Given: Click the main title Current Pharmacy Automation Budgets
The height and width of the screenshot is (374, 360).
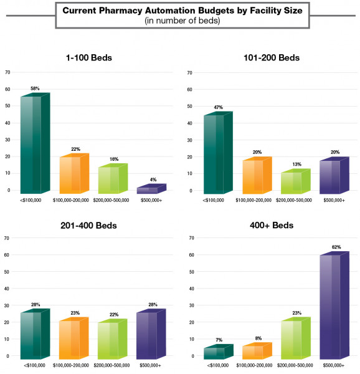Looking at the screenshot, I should pyautogui.click(x=179, y=11).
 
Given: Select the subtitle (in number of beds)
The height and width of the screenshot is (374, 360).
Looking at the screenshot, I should pyautogui.click(x=179, y=21).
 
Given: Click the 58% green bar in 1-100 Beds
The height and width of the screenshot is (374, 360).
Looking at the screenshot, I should pyautogui.click(x=34, y=143).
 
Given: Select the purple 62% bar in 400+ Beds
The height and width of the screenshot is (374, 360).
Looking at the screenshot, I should pyautogui.click(x=334, y=305).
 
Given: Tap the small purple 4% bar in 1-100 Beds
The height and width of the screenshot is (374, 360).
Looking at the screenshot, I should pyautogui.click(x=149, y=188).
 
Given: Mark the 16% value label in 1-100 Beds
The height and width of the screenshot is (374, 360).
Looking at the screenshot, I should pyautogui.click(x=114, y=160).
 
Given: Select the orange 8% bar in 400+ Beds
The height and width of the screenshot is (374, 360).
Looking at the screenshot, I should pyautogui.click(x=257, y=351).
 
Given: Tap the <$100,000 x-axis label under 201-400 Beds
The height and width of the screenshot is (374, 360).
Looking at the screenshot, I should pyautogui.click(x=32, y=365).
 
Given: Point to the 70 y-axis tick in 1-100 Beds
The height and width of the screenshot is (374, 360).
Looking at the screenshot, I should pyautogui.click(x=7, y=72).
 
